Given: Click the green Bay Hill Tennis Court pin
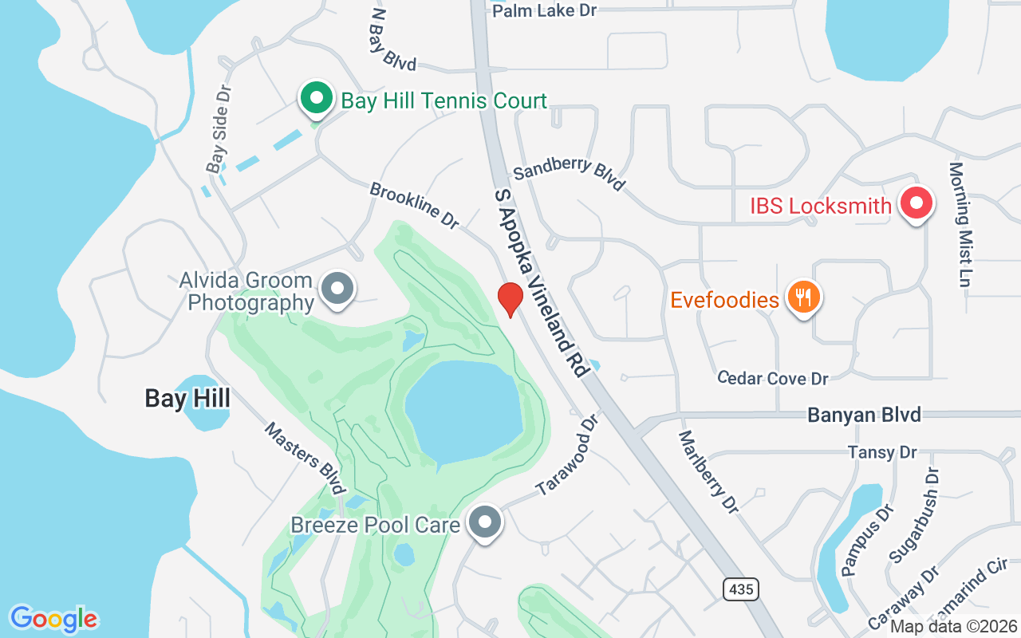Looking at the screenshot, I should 317,99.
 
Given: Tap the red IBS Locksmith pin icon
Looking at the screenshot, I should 917,204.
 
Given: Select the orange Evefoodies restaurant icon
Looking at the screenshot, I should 804,298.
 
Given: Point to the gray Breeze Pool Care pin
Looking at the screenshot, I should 484,523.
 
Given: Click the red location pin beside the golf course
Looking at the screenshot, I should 510,299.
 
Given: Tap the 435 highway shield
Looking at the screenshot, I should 741,590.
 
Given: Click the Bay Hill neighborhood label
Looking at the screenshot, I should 187,398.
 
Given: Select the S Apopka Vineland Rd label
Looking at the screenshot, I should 542,283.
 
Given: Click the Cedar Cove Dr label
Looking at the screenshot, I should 772,378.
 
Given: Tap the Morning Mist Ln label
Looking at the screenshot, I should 957,224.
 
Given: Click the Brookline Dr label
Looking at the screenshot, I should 414,206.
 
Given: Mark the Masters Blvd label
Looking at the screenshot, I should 306,458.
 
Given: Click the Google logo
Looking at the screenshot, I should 53,619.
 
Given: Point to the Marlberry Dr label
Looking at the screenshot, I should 708,471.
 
